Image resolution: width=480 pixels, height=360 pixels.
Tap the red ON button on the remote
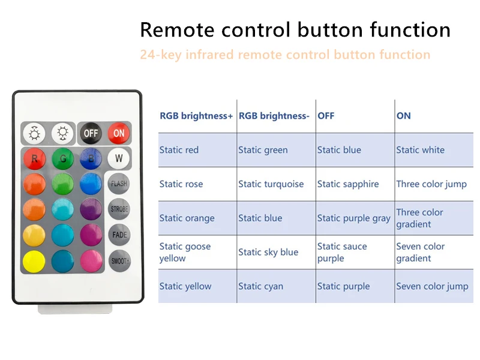[119, 133]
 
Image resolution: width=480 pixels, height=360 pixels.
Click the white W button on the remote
[119, 159]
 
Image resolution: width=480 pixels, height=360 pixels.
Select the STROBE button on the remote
[119, 209]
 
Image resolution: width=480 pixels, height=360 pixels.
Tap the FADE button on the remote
[119, 235]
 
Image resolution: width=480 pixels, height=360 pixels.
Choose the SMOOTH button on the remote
[119, 261]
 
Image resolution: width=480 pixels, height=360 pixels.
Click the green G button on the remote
[62, 159]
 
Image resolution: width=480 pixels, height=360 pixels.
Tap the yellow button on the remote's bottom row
[34, 261]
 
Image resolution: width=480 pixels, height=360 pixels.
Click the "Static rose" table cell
[181, 184]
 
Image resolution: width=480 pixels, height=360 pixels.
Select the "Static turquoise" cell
[271, 184]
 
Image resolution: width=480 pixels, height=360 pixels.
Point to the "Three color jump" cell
[431, 184]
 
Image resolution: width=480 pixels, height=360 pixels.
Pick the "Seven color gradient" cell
[420, 252]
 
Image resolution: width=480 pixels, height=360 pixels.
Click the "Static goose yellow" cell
[185, 252]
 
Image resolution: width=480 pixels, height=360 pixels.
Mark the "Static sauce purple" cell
[342, 252]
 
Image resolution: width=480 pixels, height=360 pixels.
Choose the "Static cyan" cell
[260, 286]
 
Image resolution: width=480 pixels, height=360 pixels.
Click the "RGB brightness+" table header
[196, 116]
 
